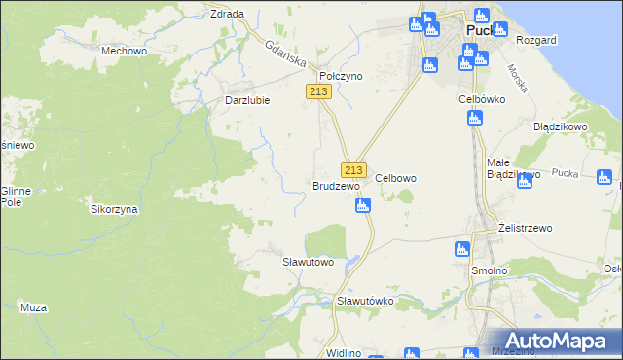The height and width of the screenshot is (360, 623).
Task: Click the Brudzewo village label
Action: click(x=336, y=185)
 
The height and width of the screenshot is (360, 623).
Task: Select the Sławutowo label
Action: click(x=308, y=263)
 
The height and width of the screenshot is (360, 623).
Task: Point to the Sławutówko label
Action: click(x=364, y=302)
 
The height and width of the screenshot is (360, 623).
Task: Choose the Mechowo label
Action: click(x=124, y=51)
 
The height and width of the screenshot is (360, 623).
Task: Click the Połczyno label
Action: click(x=341, y=76)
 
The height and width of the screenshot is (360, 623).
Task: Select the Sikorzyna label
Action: click(x=114, y=209)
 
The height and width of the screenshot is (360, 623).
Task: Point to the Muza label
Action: click(x=33, y=307)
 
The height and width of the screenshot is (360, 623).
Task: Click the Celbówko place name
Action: click(x=479, y=99)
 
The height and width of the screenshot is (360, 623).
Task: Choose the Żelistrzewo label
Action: click(x=525, y=228)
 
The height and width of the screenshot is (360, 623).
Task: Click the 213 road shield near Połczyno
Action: click(x=319, y=90)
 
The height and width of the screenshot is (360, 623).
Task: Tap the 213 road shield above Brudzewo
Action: click(x=353, y=168)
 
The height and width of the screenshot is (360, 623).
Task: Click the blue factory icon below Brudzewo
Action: click(x=363, y=205)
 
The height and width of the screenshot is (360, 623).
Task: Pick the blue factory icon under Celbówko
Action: click(x=475, y=119)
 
